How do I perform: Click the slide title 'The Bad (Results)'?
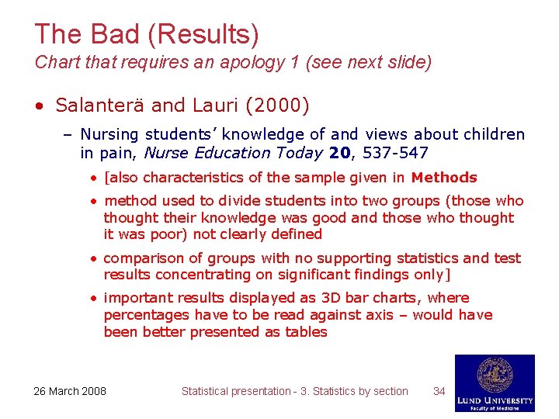[147, 33]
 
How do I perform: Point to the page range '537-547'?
[395, 153]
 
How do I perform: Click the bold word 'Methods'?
[444, 178]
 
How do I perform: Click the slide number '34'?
[439, 391]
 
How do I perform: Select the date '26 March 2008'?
[70, 391]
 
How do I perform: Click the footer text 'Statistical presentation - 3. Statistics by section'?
[294, 391]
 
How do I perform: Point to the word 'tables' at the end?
[305, 332]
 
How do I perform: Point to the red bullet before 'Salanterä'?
[38, 104]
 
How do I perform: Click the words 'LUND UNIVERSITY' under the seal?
[495, 400]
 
